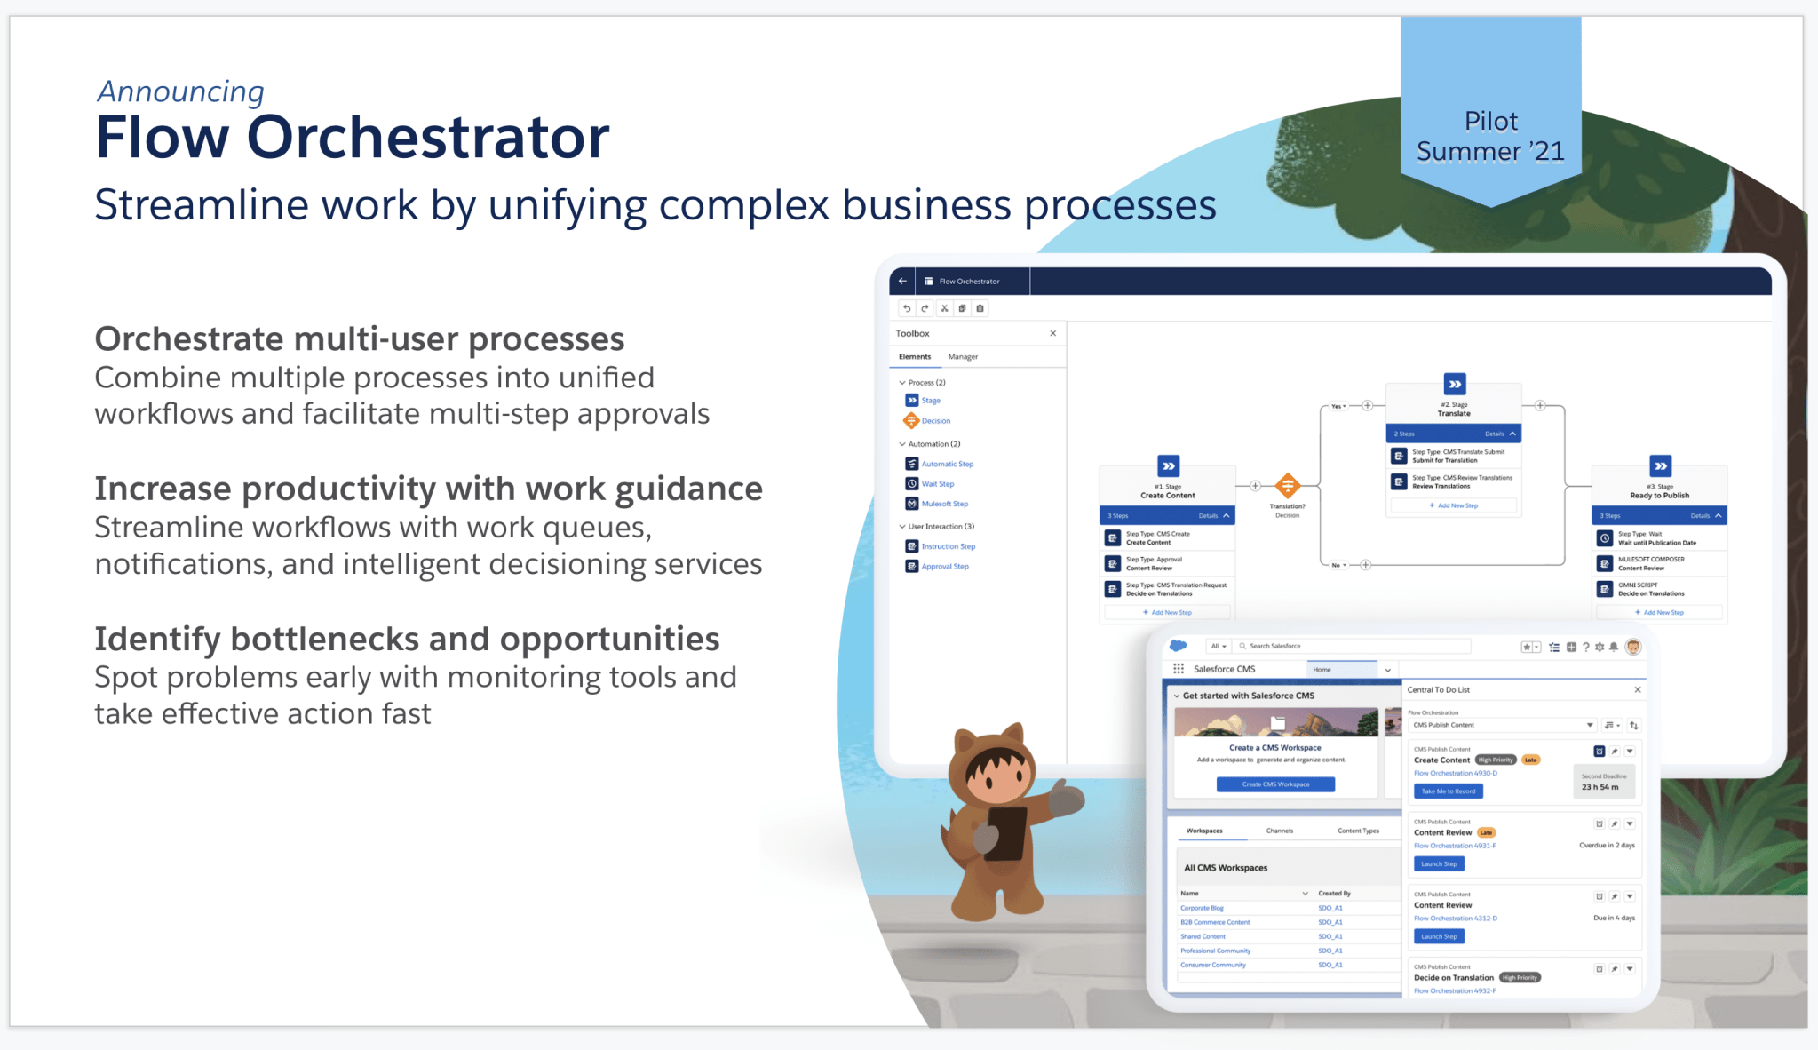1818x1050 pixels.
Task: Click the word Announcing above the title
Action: tap(180, 91)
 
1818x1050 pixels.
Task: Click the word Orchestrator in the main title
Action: tap(427, 139)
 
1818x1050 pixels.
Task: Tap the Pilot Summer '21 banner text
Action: tap(1490, 136)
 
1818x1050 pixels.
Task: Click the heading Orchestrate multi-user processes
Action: tap(359, 339)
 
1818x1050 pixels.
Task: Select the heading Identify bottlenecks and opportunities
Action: tap(406, 639)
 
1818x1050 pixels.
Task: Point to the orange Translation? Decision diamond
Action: tap(1287, 486)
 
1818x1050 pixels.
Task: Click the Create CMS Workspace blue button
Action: tap(1275, 784)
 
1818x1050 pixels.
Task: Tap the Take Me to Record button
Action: tap(1448, 791)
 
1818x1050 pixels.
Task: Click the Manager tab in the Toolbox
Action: tap(963, 357)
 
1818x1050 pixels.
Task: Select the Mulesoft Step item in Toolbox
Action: tap(944, 504)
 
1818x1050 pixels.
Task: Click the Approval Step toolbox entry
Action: tap(944, 566)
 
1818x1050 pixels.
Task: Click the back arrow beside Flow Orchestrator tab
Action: tap(902, 282)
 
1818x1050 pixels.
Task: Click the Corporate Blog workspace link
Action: tap(1202, 908)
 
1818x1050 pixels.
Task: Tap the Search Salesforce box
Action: tap(1350, 646)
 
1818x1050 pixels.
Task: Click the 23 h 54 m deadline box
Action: tap(1602, 782)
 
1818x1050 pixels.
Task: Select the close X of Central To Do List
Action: tap(1638, 689)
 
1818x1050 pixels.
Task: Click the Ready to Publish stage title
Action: tap(1659, 496)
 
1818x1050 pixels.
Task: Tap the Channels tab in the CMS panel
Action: tap(1279, 831)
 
